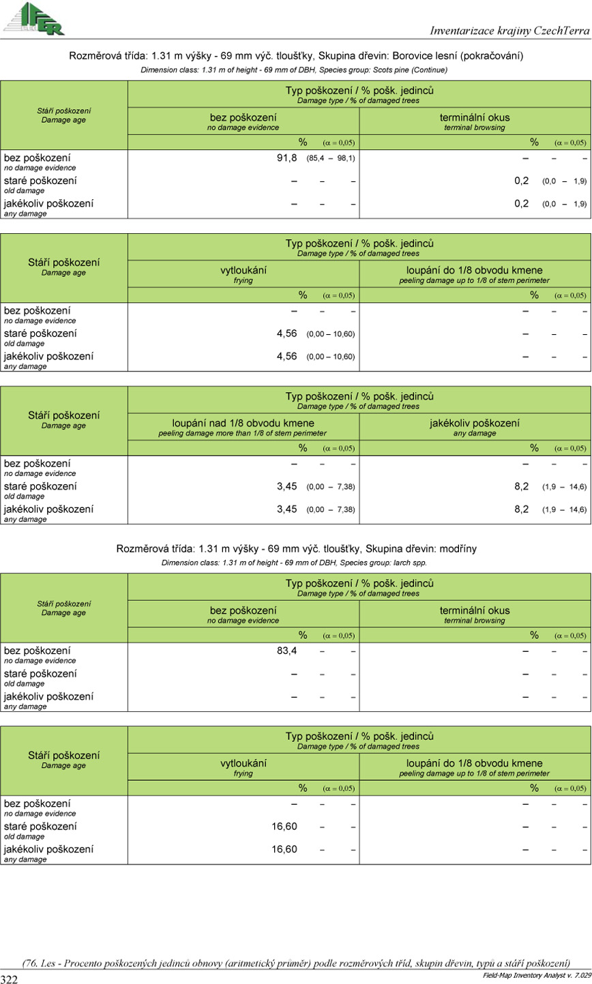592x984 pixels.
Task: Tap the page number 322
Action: point(11,979)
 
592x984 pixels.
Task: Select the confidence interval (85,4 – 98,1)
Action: point(331,158)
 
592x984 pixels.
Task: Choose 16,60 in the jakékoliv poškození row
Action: point(284,850)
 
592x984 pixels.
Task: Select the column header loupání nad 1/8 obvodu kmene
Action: point(243,423)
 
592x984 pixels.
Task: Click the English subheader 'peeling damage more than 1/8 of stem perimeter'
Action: point(242,433)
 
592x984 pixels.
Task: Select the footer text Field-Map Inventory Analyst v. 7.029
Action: point(534,976)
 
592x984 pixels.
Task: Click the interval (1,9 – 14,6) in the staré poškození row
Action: point(564,487)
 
